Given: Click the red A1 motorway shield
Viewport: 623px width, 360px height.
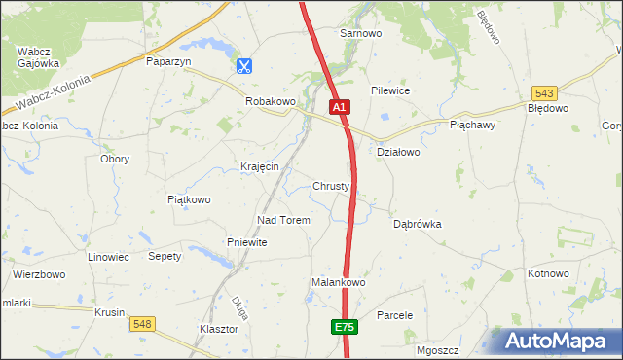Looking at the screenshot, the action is tap(338, 106).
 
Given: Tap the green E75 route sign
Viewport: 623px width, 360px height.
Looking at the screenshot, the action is tap(344, 328).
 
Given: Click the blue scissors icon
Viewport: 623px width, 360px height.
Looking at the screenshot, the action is tap(243, 66).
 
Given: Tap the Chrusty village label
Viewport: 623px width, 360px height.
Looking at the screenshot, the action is tap(331, 186).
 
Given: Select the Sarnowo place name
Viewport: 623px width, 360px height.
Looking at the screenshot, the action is tap(359, 33).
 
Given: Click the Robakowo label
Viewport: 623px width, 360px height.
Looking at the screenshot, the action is tap(270, 101).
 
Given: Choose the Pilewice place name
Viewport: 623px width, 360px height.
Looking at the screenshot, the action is tap(389, 90).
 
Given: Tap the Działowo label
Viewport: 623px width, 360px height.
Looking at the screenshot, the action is tap(397, 152).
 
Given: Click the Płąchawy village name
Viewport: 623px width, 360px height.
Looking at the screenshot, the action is tap(473, 125).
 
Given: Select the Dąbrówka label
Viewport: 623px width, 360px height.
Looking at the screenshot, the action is tap(418, 224).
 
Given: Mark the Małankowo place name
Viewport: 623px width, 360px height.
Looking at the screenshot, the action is tap(337, 282).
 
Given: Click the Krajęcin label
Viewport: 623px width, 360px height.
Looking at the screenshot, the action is tap(260, 166).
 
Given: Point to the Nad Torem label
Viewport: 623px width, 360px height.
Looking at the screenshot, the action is tap(282, 220).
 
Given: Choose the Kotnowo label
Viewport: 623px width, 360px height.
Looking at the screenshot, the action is tap(548, 273).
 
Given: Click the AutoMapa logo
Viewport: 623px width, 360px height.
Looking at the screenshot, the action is tap(557, 341).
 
